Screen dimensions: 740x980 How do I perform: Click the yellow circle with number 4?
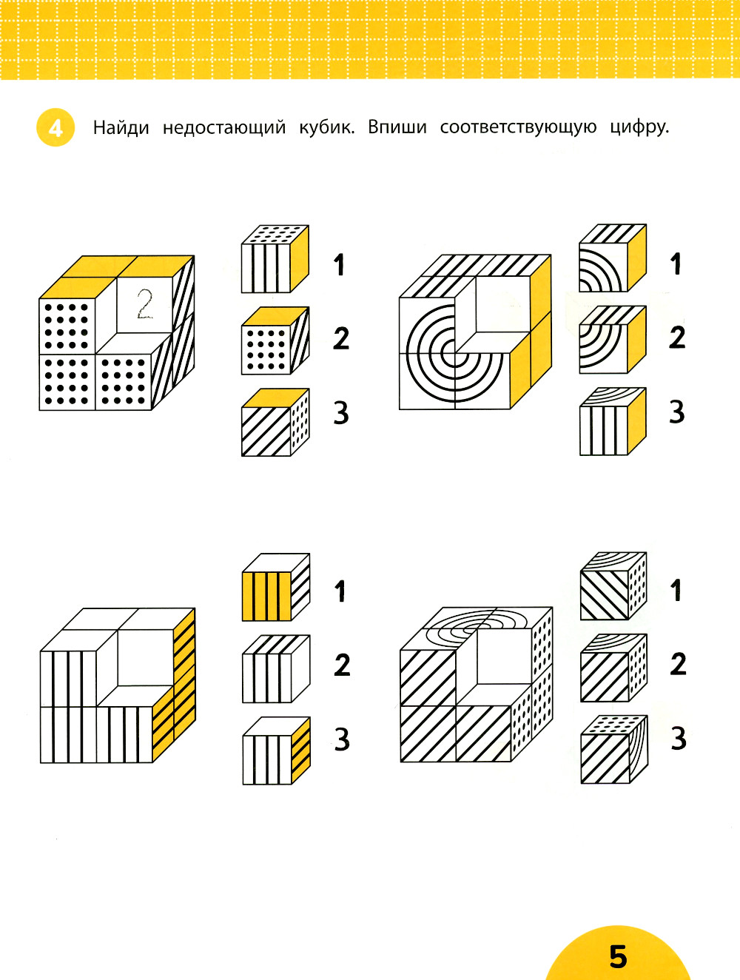pos(55,127)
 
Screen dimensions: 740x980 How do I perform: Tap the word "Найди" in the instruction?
pos(121,128)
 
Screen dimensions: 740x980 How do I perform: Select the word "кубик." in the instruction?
pos(326,128)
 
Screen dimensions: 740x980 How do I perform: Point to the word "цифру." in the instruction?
pos(639,128)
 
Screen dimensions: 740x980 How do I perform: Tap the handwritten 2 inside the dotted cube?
pos(145,304)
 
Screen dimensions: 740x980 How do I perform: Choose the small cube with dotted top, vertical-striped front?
pos(275,259)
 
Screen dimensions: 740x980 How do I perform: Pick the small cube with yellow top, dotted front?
pos(275,340)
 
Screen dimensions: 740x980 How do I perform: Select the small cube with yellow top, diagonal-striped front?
pos(275,422)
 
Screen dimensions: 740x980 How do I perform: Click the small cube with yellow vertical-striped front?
pos(276,587)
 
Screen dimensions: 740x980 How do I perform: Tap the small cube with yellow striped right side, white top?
pos(276,751)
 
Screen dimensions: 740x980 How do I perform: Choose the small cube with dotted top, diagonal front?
pos(614,749)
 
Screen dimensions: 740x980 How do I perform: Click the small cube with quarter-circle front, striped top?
pos(613,258)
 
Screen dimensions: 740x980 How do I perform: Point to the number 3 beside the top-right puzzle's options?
pos(676,412)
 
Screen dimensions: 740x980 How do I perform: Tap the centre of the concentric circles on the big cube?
pos(455,354)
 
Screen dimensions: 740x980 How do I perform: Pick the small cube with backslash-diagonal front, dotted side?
pos(613,586)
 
